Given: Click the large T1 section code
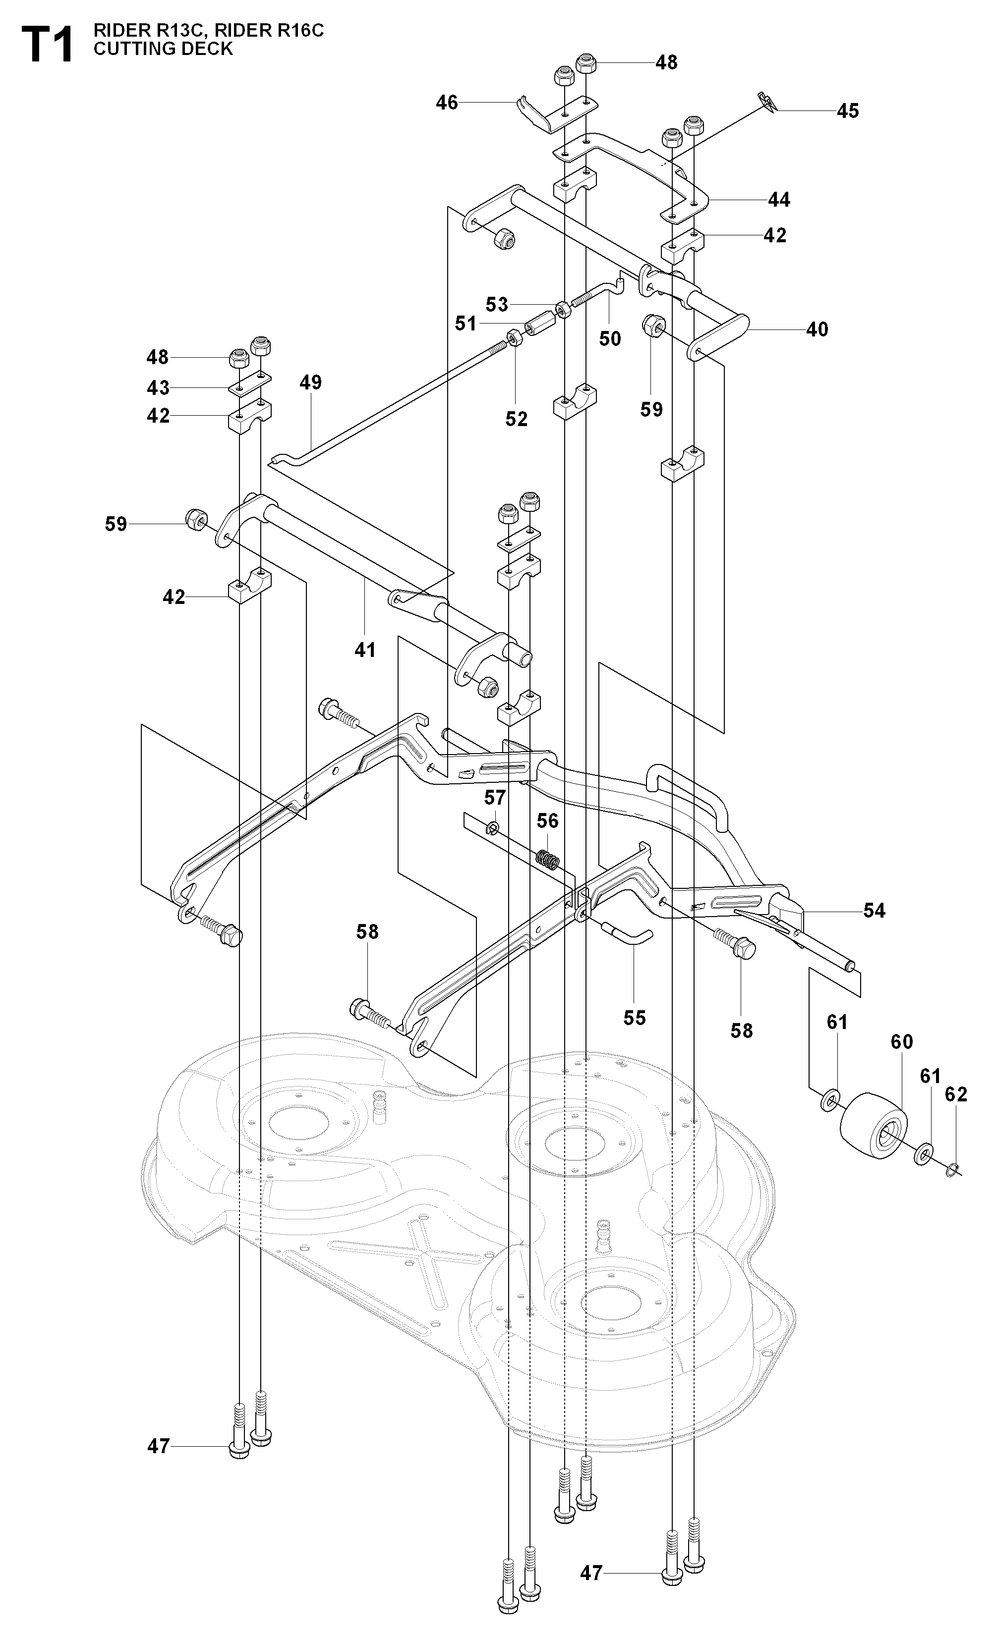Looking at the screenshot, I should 47,45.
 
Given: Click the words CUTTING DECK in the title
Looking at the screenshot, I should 163,49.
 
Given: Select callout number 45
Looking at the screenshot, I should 847,110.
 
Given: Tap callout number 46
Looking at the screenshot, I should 447,103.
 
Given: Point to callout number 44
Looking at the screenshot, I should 779,200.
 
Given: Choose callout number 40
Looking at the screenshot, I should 817,329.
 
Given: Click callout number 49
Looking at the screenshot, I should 310,382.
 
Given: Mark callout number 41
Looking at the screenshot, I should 365,650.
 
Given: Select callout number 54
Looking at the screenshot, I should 874,911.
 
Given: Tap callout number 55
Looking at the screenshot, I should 634,1017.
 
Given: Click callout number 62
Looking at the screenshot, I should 955,1094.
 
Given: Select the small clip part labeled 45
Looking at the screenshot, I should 767,102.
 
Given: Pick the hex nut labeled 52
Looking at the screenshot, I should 515,339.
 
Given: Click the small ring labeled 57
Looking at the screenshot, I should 494,828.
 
